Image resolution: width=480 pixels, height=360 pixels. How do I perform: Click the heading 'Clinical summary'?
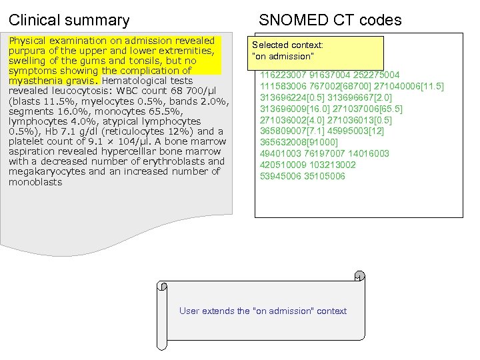[69, 20]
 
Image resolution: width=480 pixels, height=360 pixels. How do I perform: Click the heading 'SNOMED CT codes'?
[330, 20]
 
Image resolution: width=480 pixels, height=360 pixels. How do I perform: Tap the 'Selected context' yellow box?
[317, 51]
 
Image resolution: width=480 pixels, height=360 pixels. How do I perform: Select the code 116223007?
[283, 75]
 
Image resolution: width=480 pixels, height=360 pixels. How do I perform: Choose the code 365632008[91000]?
[299, 143]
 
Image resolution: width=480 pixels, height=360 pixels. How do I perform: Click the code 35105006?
[322, 177]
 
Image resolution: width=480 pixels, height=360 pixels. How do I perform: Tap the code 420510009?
[283, 165]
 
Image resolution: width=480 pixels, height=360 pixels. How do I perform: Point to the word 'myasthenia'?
[34, 81]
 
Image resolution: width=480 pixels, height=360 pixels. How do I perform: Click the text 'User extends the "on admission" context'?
[263, 311]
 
